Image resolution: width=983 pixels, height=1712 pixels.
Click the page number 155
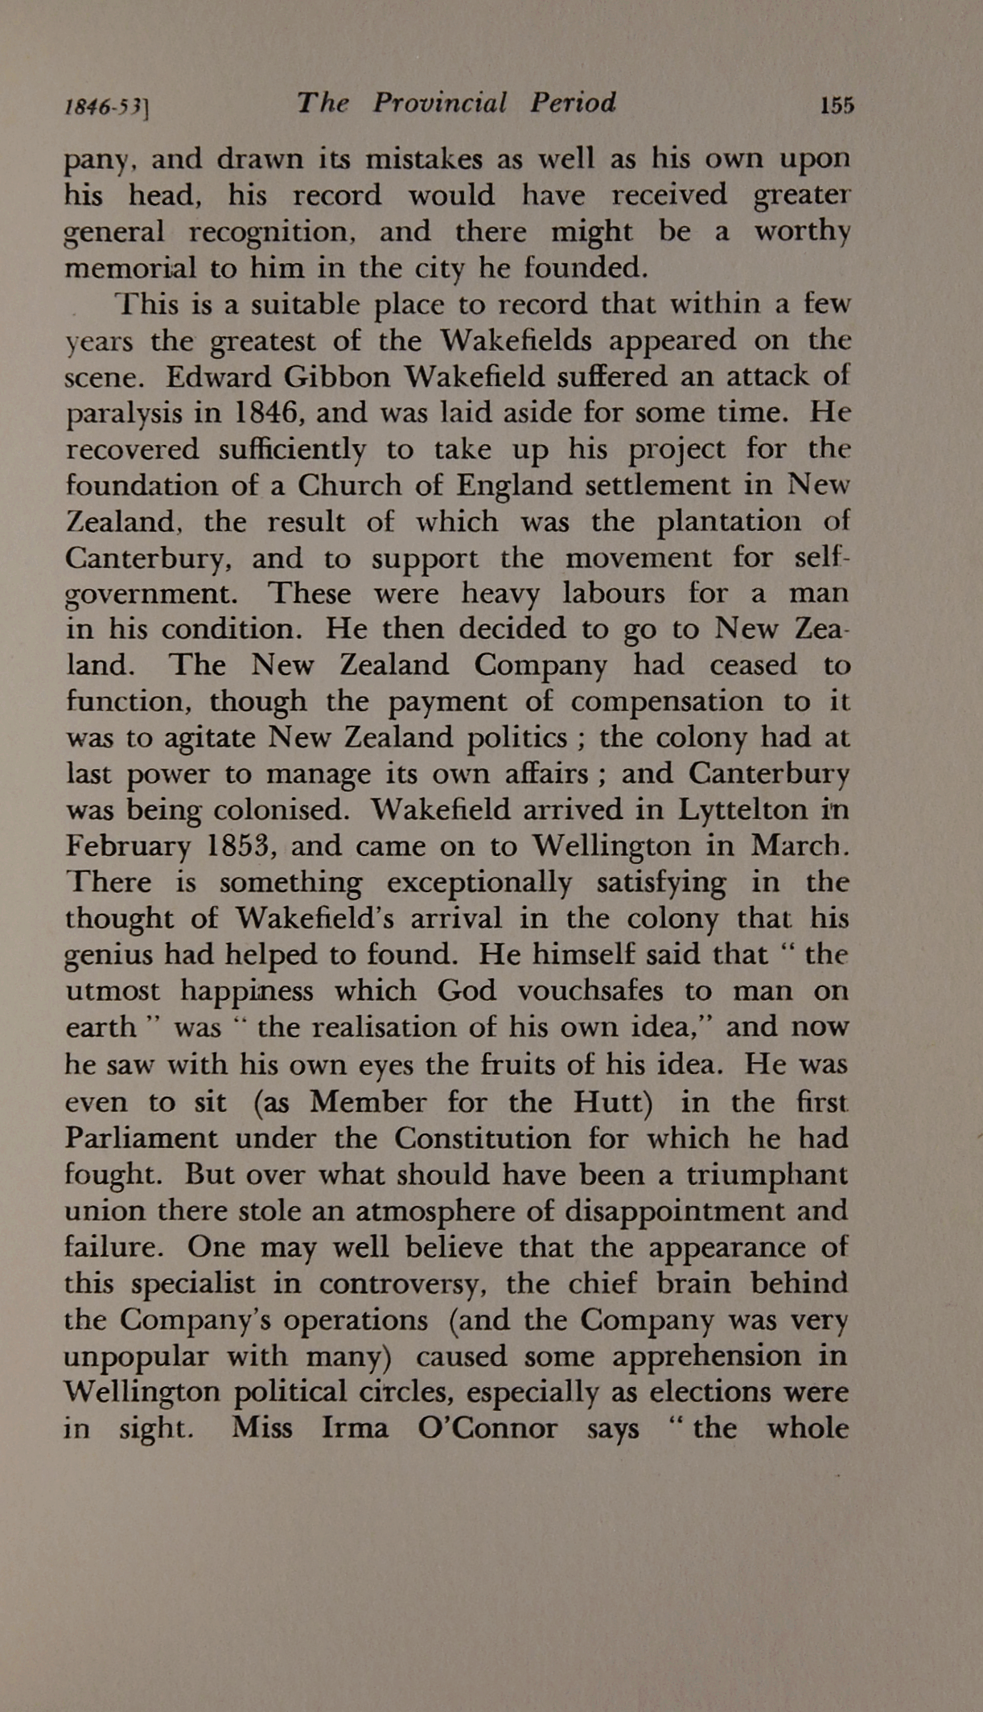point(837,105)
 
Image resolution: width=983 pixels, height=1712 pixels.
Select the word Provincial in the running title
point(440,103)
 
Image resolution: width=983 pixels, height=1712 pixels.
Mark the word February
point(128,847)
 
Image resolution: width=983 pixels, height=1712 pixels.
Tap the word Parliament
point(141,1138)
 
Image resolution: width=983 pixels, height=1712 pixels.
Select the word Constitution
point(481,1138)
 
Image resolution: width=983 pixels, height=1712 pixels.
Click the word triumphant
point(767,1175)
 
